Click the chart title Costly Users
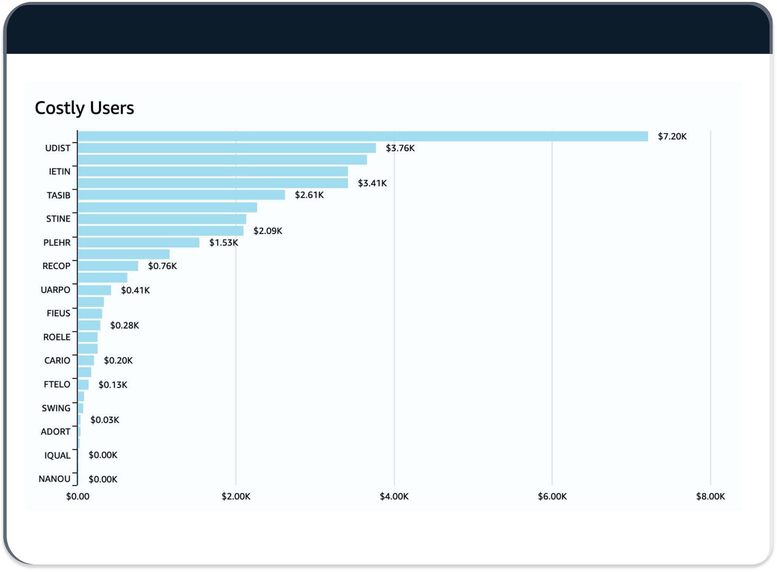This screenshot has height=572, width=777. (x=84, y=108)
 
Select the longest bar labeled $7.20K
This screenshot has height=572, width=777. (x=363, y=136)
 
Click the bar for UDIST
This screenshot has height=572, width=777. (x=227, y=148)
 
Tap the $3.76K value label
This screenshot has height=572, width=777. (x=400, y=148)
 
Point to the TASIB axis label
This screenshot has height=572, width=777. (x=58, y=195)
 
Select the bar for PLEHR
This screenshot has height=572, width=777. (x=139, y=243)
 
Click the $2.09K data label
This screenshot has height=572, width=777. (x=268, y=231)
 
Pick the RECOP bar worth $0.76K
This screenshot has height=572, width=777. (x=108, y=266)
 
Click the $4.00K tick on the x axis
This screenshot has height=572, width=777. (x=394, y=496)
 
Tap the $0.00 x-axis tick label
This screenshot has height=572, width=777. (x=77, y=496)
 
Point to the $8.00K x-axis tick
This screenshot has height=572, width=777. (x=710, y=496)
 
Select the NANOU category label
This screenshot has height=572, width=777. (x=54, y=479)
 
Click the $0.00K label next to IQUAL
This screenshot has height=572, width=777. (x=103, y=455)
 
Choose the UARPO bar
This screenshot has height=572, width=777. (x=94, y=290)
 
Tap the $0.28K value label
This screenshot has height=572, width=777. (x=125, y=326)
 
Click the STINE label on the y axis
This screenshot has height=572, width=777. (x=58, y=219)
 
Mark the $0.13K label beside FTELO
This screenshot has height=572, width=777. (x=113, y=385)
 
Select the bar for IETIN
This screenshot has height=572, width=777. (x=213, y=172)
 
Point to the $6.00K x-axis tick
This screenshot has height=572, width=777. (x=552, y=496)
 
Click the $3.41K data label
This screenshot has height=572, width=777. (x=372, y=183)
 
